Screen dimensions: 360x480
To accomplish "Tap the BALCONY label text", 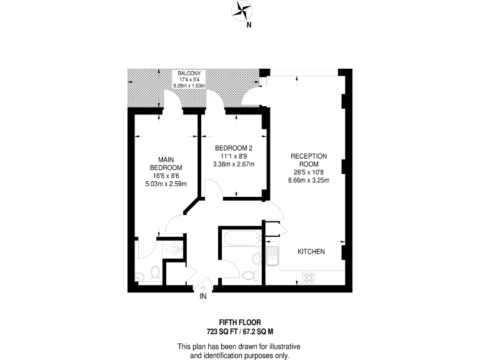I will pyautogui.click(x=189, y=73).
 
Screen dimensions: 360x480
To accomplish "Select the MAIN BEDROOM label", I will pyautogui.click(x=166, y=164).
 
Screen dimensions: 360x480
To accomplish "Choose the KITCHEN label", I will pyautogui.click(x=311, y=251).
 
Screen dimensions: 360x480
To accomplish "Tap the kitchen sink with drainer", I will pyautogui.click(x=272, y=256).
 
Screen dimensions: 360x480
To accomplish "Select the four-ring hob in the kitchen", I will pyautogui.click(x=310, y=277).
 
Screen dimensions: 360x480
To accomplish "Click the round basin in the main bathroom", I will pyautogui.click(x=257, y=258).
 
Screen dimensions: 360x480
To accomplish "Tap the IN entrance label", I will pyautogui.click(x=202, y=296).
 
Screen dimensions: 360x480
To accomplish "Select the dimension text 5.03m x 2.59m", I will pyautogui.click(x=166, y=184).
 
